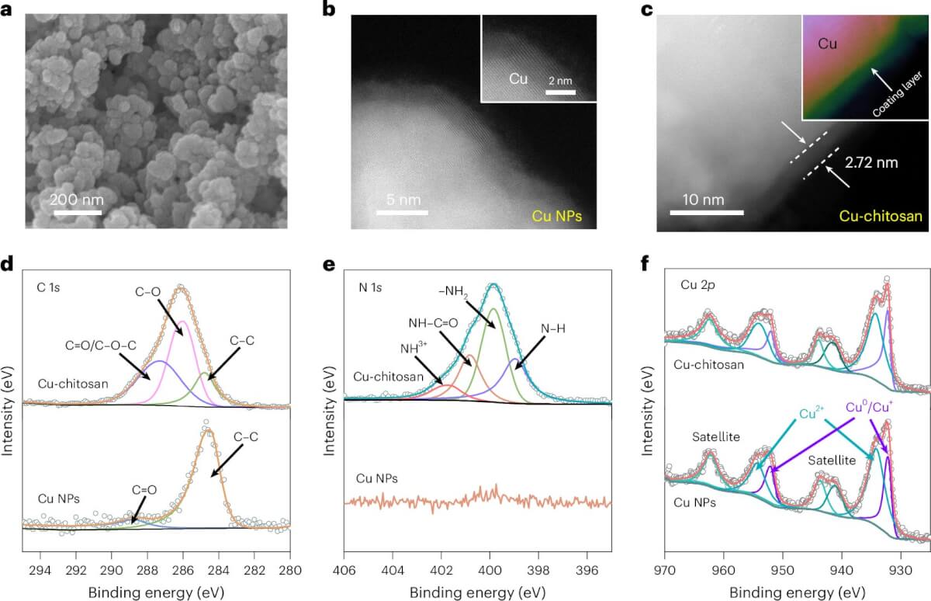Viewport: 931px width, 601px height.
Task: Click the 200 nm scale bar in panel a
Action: [x=77, y=211]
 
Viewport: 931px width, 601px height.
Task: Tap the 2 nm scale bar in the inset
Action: [x=560, y=93]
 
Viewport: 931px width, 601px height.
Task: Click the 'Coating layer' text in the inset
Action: [x=900, y=90]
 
